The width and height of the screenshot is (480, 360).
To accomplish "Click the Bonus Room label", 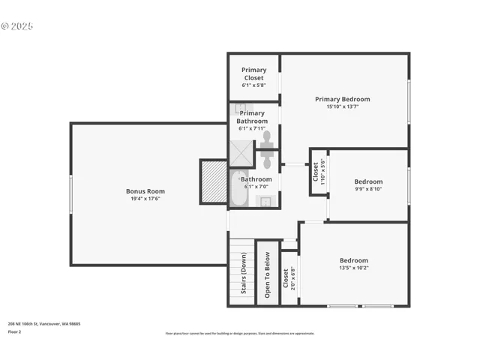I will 145,191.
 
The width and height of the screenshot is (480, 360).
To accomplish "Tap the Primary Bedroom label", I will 342,99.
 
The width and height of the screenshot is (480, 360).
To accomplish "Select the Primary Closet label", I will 253,73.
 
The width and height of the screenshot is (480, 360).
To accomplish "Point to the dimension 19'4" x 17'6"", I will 145,199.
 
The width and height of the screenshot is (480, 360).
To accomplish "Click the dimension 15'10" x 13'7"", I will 342,106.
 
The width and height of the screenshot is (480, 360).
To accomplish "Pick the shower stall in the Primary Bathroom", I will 241,154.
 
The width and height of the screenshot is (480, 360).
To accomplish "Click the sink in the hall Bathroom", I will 265,201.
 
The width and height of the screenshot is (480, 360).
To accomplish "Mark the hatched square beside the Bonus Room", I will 214,181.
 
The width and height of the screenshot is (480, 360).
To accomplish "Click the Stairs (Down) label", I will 244,273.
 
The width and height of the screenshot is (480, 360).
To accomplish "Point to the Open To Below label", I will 267,274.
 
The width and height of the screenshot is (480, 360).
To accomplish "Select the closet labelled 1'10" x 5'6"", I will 319,172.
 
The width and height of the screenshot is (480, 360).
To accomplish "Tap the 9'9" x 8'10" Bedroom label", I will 368,181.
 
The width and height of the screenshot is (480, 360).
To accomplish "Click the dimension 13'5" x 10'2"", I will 354,268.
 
